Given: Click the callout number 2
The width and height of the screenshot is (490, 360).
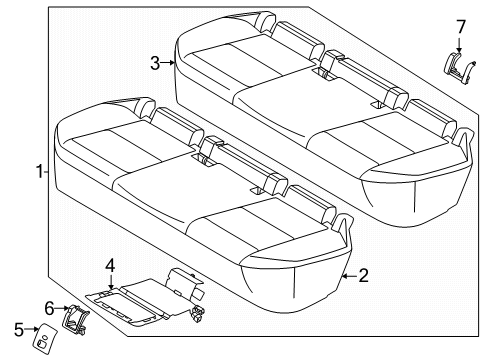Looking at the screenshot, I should click(363, 274).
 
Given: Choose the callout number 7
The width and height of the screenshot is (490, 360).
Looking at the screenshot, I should click(461, 25).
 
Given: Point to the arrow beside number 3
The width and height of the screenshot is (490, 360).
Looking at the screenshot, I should click(171, 64).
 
